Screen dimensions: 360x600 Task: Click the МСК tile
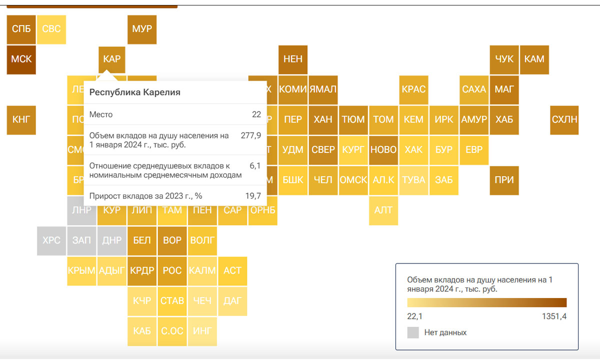point(21,59)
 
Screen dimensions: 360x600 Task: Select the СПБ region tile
point(21,29)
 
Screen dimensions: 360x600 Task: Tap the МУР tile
point(142,29)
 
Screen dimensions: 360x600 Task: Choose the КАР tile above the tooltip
point(112,59)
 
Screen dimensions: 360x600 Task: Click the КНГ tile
point(21,119)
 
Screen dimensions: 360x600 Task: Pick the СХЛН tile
point(564,119)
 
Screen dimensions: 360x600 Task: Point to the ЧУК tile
point(504,59)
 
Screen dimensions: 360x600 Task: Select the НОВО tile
point(383,149)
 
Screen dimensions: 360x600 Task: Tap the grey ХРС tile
point(51,240)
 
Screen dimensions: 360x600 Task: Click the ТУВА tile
point(413,180)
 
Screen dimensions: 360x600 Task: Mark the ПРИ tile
point(504,180)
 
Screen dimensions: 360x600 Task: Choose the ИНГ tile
point(202,330)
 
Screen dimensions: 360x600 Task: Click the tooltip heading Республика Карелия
point(135,92)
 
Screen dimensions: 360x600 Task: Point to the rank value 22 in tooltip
point(256,114)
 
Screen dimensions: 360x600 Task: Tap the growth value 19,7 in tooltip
point(253,195)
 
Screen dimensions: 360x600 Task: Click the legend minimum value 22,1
point(415,316)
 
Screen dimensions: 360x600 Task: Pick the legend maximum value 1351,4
point(553,316)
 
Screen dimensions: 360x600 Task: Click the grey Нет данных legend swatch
point(413,332)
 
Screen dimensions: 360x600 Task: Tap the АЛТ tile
point(383,210)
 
